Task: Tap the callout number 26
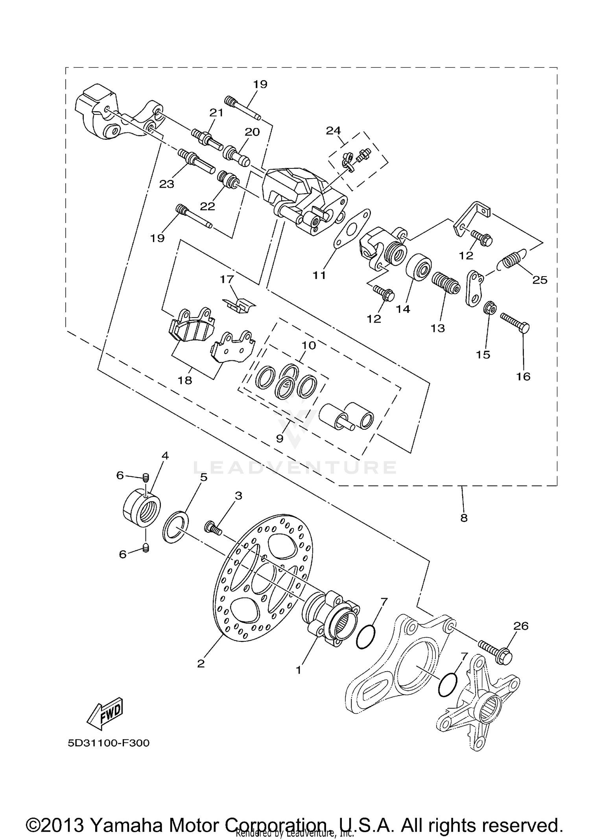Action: coord(521,626)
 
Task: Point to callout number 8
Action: coord(464,518)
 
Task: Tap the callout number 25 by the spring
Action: coord(540,280)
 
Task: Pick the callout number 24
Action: coord(334,130)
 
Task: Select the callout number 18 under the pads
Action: coord(185,380)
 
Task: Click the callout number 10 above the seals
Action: coord(309,345)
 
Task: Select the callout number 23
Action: coord(166,184)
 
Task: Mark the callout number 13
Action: coord(437,328)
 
